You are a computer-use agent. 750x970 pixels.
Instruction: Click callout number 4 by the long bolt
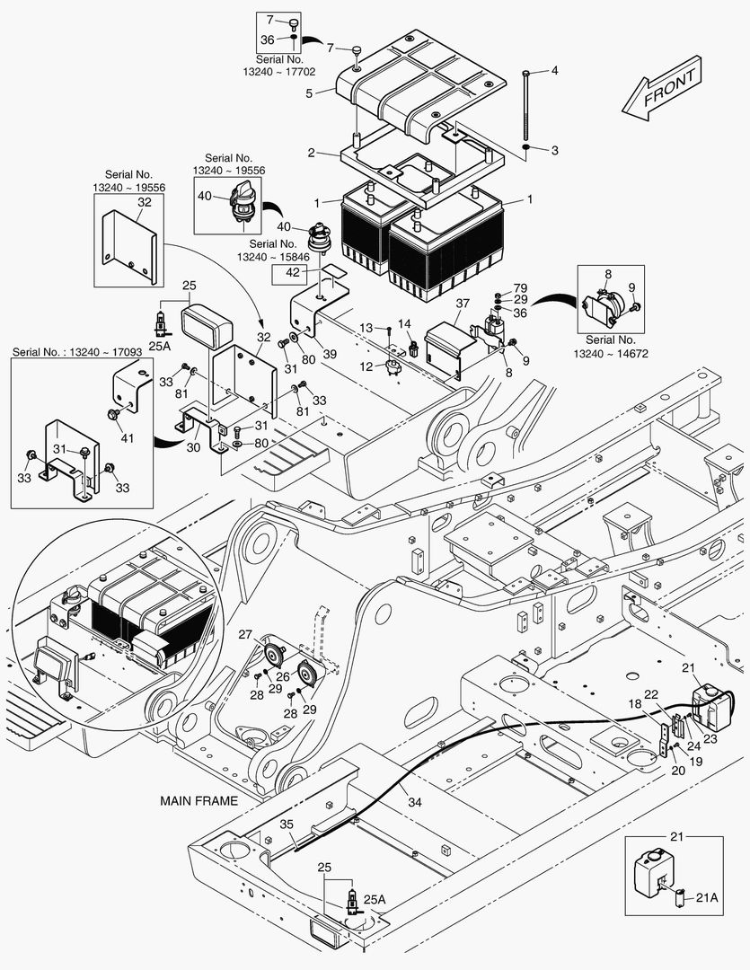pyautogui.click(x=554, y=70)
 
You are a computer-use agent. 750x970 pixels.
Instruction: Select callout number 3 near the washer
pyautogui.click(x=554, y=149)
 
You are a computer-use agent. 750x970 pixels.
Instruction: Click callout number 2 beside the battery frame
pyautogui.click(x=310, y=154)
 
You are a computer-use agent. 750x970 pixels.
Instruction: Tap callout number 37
pyautogui.click(x=463, y=304)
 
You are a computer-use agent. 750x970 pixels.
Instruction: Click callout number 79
pyautogui.click(x=520, y=287)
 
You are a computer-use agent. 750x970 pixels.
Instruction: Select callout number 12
pyautogui.click(x=365, y=366)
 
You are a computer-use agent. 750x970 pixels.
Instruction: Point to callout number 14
pyautogui.click(x=404, y=323)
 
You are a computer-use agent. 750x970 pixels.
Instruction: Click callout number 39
pyautogui.click(x=331, y=354)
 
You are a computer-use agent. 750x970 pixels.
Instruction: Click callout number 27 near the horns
pyautogui.click(x=244, y=635)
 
